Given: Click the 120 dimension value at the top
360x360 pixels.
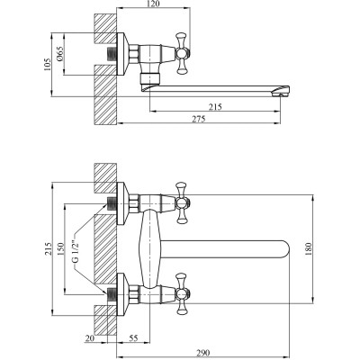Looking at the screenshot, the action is point(154,4).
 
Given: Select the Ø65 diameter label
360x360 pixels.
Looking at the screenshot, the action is point(59,54).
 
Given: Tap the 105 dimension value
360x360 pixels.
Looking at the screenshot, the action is point(48,65).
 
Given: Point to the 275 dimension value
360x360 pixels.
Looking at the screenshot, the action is point(199,119).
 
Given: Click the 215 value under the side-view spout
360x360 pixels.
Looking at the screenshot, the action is point(215,107).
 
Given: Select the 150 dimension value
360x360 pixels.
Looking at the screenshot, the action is point(60,248).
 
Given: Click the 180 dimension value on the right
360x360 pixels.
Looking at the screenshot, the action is point(309,249).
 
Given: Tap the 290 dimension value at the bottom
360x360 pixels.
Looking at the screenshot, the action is point(203,353).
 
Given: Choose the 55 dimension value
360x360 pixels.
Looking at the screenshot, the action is point(133,338).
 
